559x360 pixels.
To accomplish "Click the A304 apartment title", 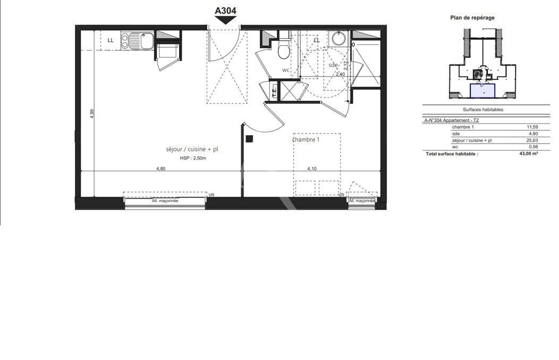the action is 225,11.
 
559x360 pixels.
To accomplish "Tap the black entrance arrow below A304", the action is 225,21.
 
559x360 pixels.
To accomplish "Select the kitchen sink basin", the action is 147,40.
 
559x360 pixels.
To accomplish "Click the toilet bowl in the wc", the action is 284,50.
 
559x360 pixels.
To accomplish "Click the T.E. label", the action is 274,91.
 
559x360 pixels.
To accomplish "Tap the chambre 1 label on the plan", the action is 306,139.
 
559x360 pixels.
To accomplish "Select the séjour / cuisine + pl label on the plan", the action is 192,149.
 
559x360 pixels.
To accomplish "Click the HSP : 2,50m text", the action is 193,158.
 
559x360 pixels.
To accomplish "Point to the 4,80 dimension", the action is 161,169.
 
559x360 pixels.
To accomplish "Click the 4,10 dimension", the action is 312,169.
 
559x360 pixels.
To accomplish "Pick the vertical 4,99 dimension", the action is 92,113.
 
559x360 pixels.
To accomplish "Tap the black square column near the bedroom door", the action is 250,139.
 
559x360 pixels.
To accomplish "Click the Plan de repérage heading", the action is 472,18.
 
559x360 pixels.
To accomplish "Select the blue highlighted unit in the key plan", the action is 482,90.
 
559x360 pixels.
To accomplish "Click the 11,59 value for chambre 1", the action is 532,127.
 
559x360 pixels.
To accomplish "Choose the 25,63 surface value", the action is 532,140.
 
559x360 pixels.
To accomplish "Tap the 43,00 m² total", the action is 529,154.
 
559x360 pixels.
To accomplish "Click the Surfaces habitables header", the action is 482,110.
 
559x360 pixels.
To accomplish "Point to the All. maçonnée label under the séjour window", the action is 165,201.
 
